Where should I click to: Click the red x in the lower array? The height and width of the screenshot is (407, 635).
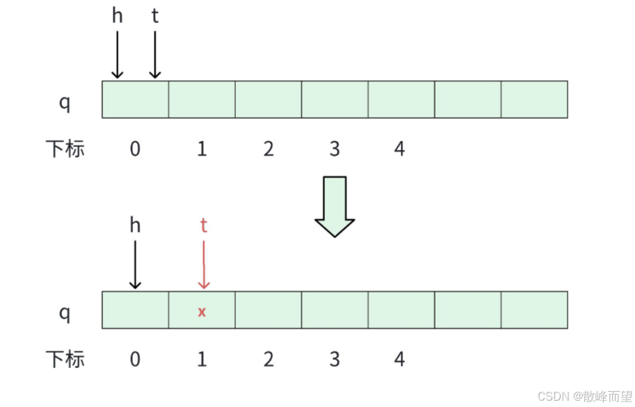tap(202, 312)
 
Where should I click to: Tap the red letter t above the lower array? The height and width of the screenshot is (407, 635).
tap(204, 225)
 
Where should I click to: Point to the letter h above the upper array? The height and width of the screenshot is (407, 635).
tap(117, 16)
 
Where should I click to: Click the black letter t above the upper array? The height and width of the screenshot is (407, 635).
tap(155, 16)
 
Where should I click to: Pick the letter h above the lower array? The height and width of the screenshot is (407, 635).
tap(135, 225)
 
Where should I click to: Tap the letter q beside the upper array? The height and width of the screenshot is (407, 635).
tap(65, 102)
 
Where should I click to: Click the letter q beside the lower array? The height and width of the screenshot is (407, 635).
tap(65, 312)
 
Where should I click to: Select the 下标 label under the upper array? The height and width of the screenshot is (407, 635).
tap(65, 149)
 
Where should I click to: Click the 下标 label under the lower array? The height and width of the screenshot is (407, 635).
tap(65, 360)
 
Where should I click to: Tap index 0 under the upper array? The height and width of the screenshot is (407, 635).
tap(135, 149)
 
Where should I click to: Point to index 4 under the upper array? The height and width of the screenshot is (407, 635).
tap(399, 149)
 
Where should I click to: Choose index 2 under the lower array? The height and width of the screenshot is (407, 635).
tap(268, 360)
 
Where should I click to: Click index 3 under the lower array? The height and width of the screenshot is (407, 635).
tap(335, 360)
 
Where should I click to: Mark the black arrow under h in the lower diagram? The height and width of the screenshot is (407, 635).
tap(135, 264)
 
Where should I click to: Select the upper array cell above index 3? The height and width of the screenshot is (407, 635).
tap(335, 99)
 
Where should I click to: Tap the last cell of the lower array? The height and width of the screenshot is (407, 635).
tap(534, 310)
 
